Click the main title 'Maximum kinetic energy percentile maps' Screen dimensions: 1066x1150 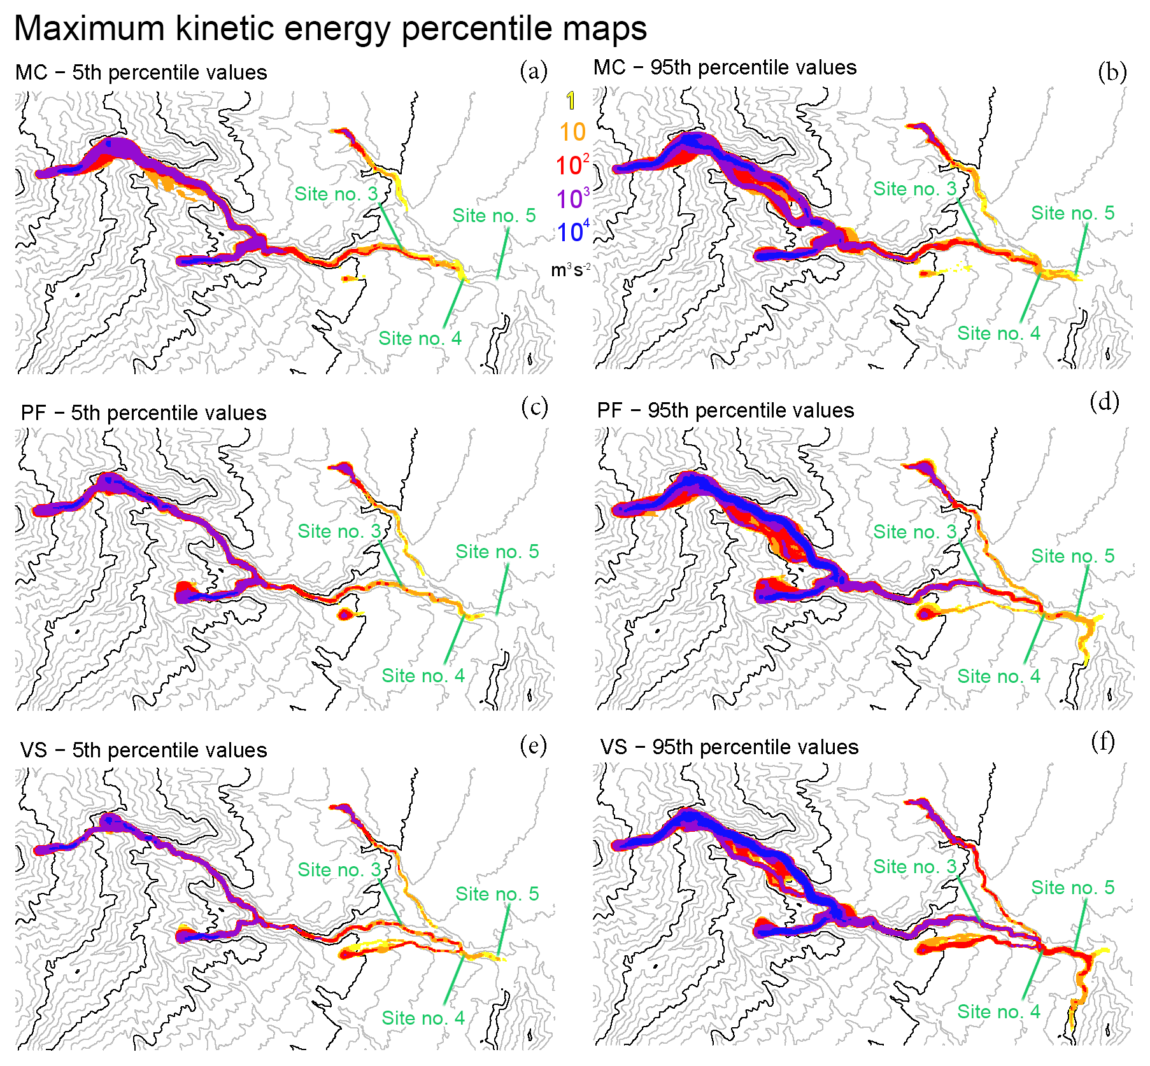click(330, 29)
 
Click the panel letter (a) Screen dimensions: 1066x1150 click(534, 71)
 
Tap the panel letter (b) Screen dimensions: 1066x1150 click(1112, 73)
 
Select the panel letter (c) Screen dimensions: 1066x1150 click(534, 407)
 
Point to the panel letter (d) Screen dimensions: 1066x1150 click(1104, 402)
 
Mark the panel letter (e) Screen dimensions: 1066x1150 click(533, 745)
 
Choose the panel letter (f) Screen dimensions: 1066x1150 click(1103, 741)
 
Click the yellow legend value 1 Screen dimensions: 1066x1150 click(571, 101)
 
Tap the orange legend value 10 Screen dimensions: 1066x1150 click(572, 132)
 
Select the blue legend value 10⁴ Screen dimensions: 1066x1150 click(572, 232)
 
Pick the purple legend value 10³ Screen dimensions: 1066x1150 click(572, 199)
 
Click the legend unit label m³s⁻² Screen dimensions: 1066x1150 click(571, 270)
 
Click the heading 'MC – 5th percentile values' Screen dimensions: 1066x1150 click(141, 73)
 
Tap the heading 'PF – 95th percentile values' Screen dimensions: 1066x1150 click(725, 410)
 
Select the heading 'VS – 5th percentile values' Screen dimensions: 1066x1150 click(143, 750)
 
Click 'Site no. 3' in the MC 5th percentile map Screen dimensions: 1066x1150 click(336, 194)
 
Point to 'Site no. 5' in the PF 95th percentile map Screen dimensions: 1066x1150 click(1073, 556)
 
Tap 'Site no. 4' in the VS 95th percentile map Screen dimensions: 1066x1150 click(998, 1011)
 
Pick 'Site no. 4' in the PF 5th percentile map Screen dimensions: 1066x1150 click(423, 675)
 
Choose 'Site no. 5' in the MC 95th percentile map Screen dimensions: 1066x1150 click(1073, 213)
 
